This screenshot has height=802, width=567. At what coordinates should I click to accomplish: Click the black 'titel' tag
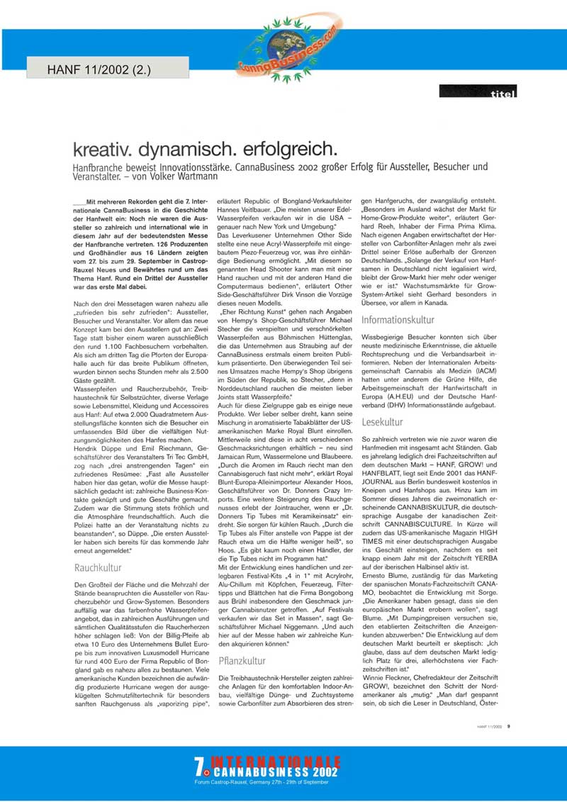[478, 91]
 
